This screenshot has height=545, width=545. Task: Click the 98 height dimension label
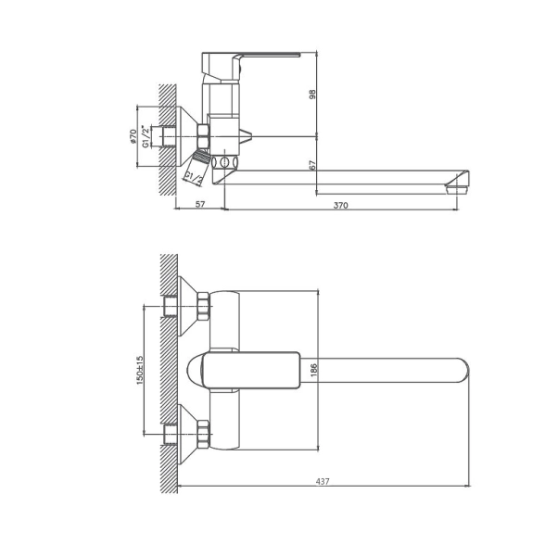(313, 95)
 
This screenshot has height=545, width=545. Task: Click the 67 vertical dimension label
(313, 165)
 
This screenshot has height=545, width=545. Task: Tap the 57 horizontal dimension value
(200, 204)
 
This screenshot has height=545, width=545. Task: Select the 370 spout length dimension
(340, 205)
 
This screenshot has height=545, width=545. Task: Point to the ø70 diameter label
(133, 136)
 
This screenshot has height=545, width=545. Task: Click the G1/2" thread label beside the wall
(146, 135)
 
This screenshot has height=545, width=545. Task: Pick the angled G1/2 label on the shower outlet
(194, 177)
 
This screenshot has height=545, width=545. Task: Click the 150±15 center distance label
(140, 370)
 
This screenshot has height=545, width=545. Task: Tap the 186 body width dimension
(313, 370)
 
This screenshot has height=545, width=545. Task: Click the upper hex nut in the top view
(203, 307)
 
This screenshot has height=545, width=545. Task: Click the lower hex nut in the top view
(203, 434)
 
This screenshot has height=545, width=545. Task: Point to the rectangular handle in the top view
(251, 370)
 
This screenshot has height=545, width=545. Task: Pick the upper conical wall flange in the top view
(187, 306)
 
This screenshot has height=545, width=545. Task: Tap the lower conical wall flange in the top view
(187, 434)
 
